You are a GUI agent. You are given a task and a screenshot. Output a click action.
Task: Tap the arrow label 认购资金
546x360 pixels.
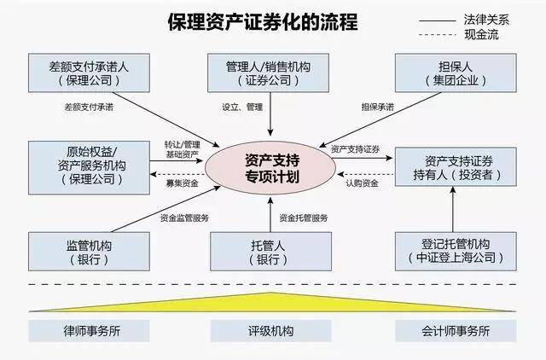(x=362, y=181)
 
